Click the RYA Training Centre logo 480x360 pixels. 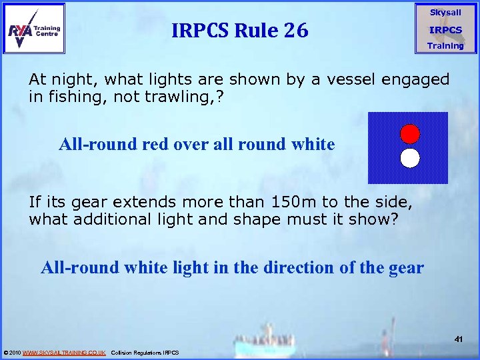(x=35, y=29)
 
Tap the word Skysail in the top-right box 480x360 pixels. (x=445, y=13)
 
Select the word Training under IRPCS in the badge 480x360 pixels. (x=445, y=46)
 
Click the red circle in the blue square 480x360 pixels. (x=409, y=133)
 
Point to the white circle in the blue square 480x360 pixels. (x=409, y=158)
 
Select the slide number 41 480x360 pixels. (x=459, y=339)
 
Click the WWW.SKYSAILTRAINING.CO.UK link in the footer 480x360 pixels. (x=64, y=352)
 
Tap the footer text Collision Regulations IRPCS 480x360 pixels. (x=145, y=352)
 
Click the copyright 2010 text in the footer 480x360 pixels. (x=12, y=352)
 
